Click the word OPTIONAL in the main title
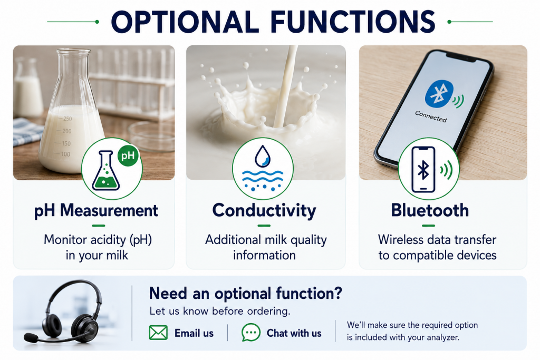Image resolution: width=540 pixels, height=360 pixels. [185, 22]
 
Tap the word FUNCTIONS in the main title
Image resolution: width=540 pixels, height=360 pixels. [353, 22]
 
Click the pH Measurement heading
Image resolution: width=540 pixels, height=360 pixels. [96, 211]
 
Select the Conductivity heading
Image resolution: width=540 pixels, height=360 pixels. [264, 210]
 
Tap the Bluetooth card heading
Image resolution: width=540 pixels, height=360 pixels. [430, 210]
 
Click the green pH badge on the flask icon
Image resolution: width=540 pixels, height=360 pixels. [128, 155]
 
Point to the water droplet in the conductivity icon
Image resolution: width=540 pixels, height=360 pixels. [263, 156]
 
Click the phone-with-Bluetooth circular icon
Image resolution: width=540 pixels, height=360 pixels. [428, 169]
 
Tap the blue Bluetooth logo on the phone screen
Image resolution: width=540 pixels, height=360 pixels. [439, 94]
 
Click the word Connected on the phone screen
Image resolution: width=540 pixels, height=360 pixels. [431, 116]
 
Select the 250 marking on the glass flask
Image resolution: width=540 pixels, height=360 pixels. [67, 119]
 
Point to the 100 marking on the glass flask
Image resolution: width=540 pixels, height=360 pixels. [65, 154]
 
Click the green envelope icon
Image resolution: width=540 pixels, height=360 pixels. [158, 333]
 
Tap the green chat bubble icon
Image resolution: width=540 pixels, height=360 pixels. [250, 333]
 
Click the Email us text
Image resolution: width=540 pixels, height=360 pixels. [194, 333]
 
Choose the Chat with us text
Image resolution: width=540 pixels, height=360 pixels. [294, 333]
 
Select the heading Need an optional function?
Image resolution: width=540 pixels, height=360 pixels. [246, 294]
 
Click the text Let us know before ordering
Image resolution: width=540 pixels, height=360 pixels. [220, 311]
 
